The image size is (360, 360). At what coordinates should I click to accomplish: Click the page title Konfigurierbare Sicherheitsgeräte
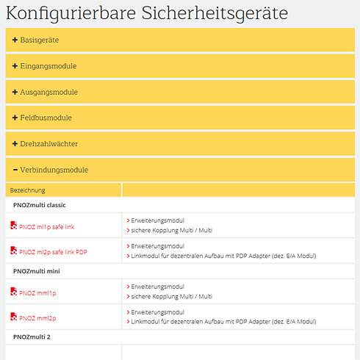(x=147, y=13)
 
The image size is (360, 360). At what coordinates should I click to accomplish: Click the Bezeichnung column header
(x=26, y=190)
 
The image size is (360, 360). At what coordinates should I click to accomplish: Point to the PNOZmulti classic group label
(x=43, y=206)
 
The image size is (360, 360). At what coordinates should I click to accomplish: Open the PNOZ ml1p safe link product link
(x=46, y=227)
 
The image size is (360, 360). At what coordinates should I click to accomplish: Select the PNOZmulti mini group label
(x=40, y=271)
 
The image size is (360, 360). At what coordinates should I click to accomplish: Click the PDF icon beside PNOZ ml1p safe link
(x=13, y=227)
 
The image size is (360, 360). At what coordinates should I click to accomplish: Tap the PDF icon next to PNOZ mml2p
(x=13, y=317)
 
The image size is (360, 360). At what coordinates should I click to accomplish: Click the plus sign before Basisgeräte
(x=15, y=40)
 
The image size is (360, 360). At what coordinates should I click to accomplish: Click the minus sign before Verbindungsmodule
(x=15, y=170)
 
